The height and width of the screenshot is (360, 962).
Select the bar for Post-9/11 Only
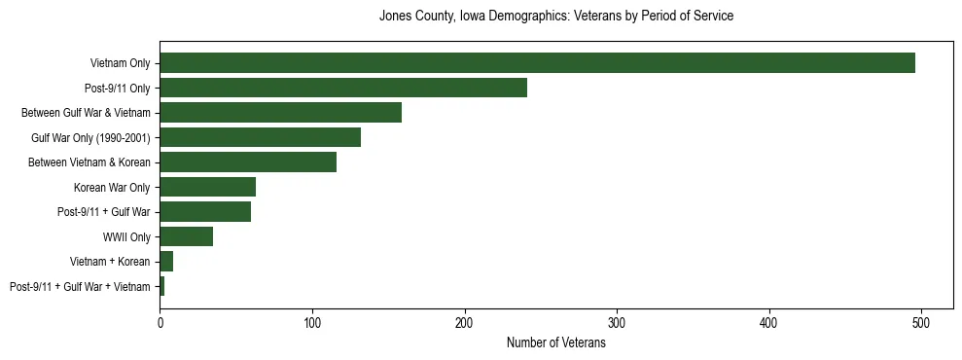[x=343, y=88]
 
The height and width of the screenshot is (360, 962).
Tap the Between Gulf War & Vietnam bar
[x=280, y=113]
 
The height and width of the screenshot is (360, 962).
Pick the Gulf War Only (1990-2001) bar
[x=260, y=137]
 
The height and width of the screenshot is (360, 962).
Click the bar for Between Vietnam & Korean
[x=248, y=162]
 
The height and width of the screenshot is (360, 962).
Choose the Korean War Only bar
[x=207, y=187]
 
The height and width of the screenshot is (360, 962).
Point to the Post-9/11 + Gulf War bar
[x=205, y=212]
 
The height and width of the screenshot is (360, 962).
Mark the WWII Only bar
[x=186, y=236]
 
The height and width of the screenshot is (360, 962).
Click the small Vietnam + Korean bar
[x=166, y=262]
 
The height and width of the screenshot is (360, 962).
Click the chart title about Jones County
[x=555, y=17]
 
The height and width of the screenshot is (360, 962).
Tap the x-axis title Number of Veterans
[x=555, y=343]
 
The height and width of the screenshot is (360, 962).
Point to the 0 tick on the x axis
[x=160, y=322]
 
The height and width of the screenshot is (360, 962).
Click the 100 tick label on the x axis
[x=312, y=322]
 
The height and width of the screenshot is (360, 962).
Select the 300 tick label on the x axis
[x=617, y=322]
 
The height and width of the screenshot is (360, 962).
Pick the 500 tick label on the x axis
[x=921, y=322]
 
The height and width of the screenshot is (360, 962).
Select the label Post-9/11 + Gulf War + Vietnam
[x=80, y=287]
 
